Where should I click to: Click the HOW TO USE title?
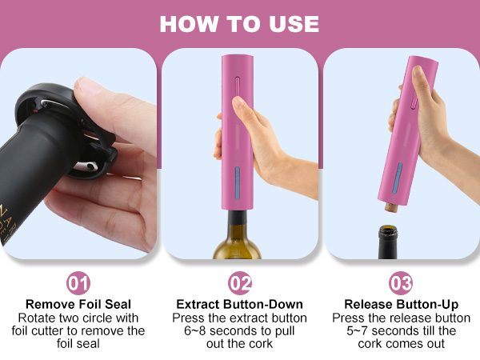click(x=239, y=23)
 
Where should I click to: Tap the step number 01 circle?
click(x=79, y=283)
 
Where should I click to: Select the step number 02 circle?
click(x=239, y=283)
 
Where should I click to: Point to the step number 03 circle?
click(x=400, y=283)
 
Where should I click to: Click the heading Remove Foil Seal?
click(x=79, y=304)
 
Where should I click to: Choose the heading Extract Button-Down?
click(x=239, y=304)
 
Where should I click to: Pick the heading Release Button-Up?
click(x=400, y=304)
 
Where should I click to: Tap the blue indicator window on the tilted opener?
click(x=397, y=180)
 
